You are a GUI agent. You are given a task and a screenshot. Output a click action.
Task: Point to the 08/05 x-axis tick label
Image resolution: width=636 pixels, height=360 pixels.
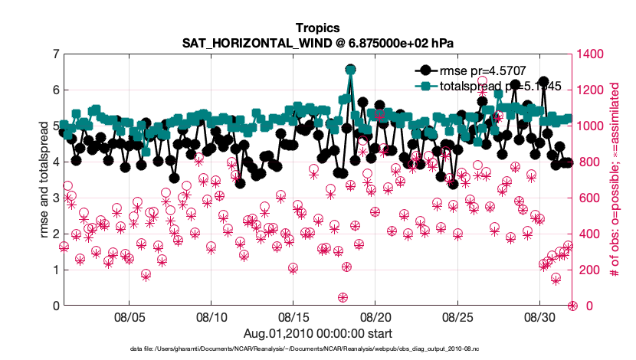tap(129, 317)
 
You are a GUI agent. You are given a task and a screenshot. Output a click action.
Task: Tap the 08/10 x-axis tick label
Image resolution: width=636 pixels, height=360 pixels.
tap(211, 317)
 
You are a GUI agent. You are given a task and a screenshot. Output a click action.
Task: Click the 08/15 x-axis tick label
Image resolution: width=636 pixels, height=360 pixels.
tap(293, 317)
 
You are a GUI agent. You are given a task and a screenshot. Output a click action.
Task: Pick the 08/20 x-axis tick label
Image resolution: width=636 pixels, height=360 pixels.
tap(375, 317)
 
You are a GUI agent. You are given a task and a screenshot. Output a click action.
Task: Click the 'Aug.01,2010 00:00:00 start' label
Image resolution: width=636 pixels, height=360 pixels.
tap(317, 333)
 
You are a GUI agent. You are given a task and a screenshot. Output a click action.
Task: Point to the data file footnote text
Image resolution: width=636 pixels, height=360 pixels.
tap(317, 349)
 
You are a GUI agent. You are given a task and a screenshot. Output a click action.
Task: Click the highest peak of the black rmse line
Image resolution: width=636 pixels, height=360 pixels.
tap(350, 70)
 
